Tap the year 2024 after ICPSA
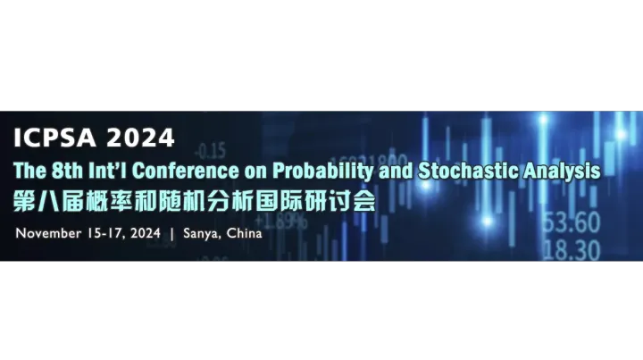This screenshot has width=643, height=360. [x=141, y=138]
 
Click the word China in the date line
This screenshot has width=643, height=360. [x=245, y=234]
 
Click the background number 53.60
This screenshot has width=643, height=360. [x=571, y=222]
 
